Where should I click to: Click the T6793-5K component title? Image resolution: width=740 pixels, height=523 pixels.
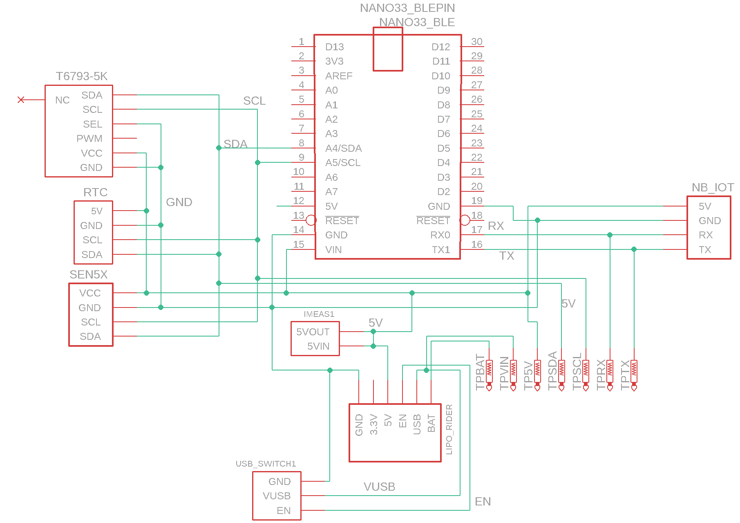click(81, 76)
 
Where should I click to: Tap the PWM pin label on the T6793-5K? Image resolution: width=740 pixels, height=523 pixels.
click(89, 139)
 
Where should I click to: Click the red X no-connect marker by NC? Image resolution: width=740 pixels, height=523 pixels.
click(21, 100)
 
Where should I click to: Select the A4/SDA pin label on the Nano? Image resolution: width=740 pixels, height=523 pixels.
click(343, 148)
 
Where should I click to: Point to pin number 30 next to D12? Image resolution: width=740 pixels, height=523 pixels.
click(476, 42)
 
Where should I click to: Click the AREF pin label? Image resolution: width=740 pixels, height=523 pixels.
click(339, 76)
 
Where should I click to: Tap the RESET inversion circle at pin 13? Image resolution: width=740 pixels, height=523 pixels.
click(311, 220)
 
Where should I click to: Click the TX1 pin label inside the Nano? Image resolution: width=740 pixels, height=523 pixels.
click(440, 250)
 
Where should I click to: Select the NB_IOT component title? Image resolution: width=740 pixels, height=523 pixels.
click(712, 188)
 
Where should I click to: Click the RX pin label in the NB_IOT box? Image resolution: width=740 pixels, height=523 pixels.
click(705, 235)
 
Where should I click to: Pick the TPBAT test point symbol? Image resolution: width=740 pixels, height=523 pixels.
click(489, 374)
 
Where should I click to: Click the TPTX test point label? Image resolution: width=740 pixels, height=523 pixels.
click(625, 375)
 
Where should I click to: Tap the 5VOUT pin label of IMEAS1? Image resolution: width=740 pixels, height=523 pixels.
click(313, 332)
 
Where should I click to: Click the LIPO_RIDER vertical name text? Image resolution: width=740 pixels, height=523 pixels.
click(449, 429)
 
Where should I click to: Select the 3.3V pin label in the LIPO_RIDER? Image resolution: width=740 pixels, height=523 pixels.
click(373, 424)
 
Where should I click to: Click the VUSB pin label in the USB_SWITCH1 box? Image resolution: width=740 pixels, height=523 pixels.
click(277, 496)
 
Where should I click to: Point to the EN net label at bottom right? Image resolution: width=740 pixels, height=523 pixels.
click(483, 502)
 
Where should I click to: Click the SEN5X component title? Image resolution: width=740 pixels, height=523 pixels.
click(88, 275)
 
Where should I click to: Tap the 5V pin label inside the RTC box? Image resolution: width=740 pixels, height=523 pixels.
click(96, 211)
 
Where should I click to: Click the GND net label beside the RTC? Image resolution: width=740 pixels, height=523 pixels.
click(179, 202)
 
